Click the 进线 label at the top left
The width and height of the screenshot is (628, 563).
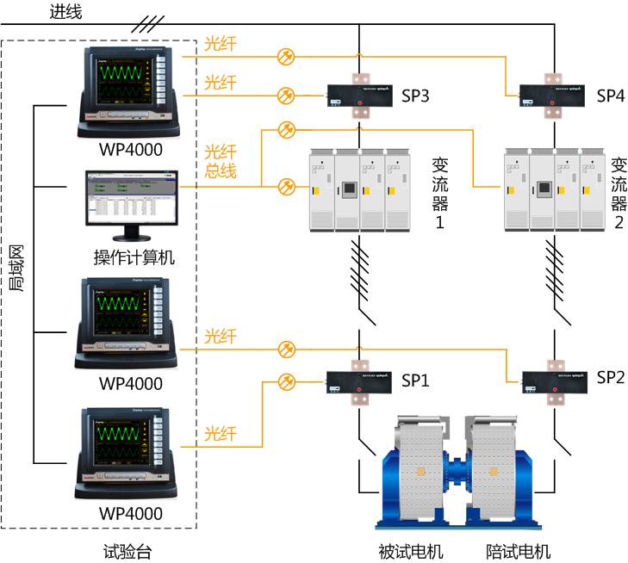click(66, 11)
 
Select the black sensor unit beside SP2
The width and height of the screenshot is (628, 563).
click(554, 382)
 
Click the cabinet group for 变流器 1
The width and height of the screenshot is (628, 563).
click(359, 191)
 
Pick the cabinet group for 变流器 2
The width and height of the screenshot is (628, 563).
click(554, 191)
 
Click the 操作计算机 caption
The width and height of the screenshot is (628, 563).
click(134, 257)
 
